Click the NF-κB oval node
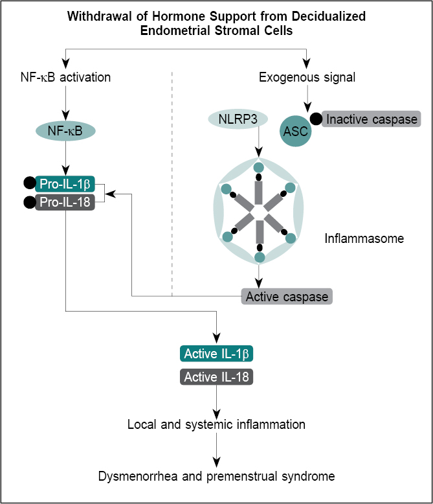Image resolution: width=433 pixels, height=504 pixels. [x=65, y=131]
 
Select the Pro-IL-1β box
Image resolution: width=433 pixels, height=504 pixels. [x=65, y=184]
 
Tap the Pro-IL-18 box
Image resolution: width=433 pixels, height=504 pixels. [x=65, y=203]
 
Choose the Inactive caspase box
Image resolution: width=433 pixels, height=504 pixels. [x=372, y=119]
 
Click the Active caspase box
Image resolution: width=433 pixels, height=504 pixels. [x=287, y=297]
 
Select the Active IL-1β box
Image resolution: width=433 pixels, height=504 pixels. [x=216, y=354]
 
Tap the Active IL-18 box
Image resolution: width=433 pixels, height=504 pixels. [x=216, y=377]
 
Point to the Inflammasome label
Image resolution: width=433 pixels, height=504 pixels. [x=364, y=239]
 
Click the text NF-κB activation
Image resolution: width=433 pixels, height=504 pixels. [x=65, y=78]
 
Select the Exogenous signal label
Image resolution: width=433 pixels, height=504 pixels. [x=307, y=78]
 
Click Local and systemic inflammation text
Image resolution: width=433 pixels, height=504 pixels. [x=216, y=425]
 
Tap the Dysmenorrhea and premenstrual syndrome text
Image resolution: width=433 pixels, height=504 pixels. [x=216, y=477]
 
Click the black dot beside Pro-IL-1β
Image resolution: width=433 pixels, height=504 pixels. [x=29, y=183]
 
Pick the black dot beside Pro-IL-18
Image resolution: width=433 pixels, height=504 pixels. [x=29, y=203]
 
